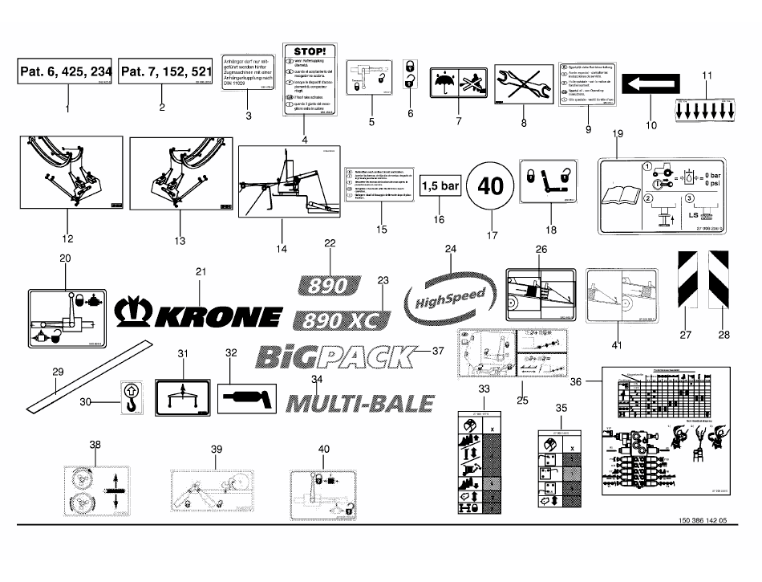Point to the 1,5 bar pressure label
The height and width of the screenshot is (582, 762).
[440, 185]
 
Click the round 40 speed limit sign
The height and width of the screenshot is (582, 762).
[491, 185]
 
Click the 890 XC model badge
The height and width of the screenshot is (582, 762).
[342, 321]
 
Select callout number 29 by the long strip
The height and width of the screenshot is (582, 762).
[57, 372]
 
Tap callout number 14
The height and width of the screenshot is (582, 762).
[282, 250]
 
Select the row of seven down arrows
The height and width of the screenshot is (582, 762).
[706, 108]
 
